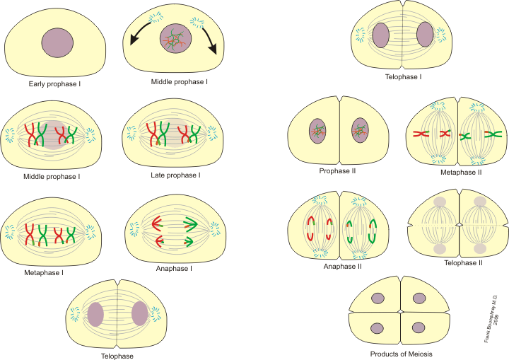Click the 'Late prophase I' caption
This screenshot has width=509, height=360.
[176, 174]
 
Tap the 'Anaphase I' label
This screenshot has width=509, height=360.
[175, 268]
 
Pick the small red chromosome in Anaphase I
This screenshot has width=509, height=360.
[160, 242]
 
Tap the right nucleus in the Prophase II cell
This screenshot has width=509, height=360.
[361, 131]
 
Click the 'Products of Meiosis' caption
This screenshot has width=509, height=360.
[401, 354]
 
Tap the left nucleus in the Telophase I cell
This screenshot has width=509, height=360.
[381, 35]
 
